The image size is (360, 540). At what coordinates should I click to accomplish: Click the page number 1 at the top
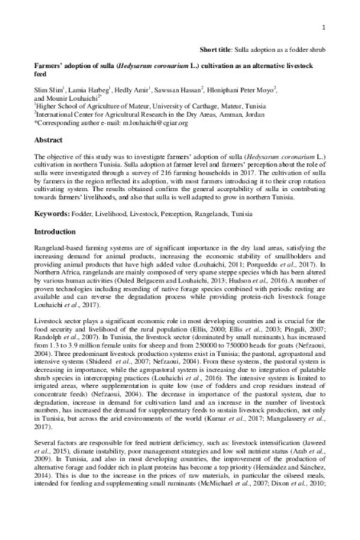click(x=324, y=28)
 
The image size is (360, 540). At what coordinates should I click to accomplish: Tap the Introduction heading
click(x=55, y=232)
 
